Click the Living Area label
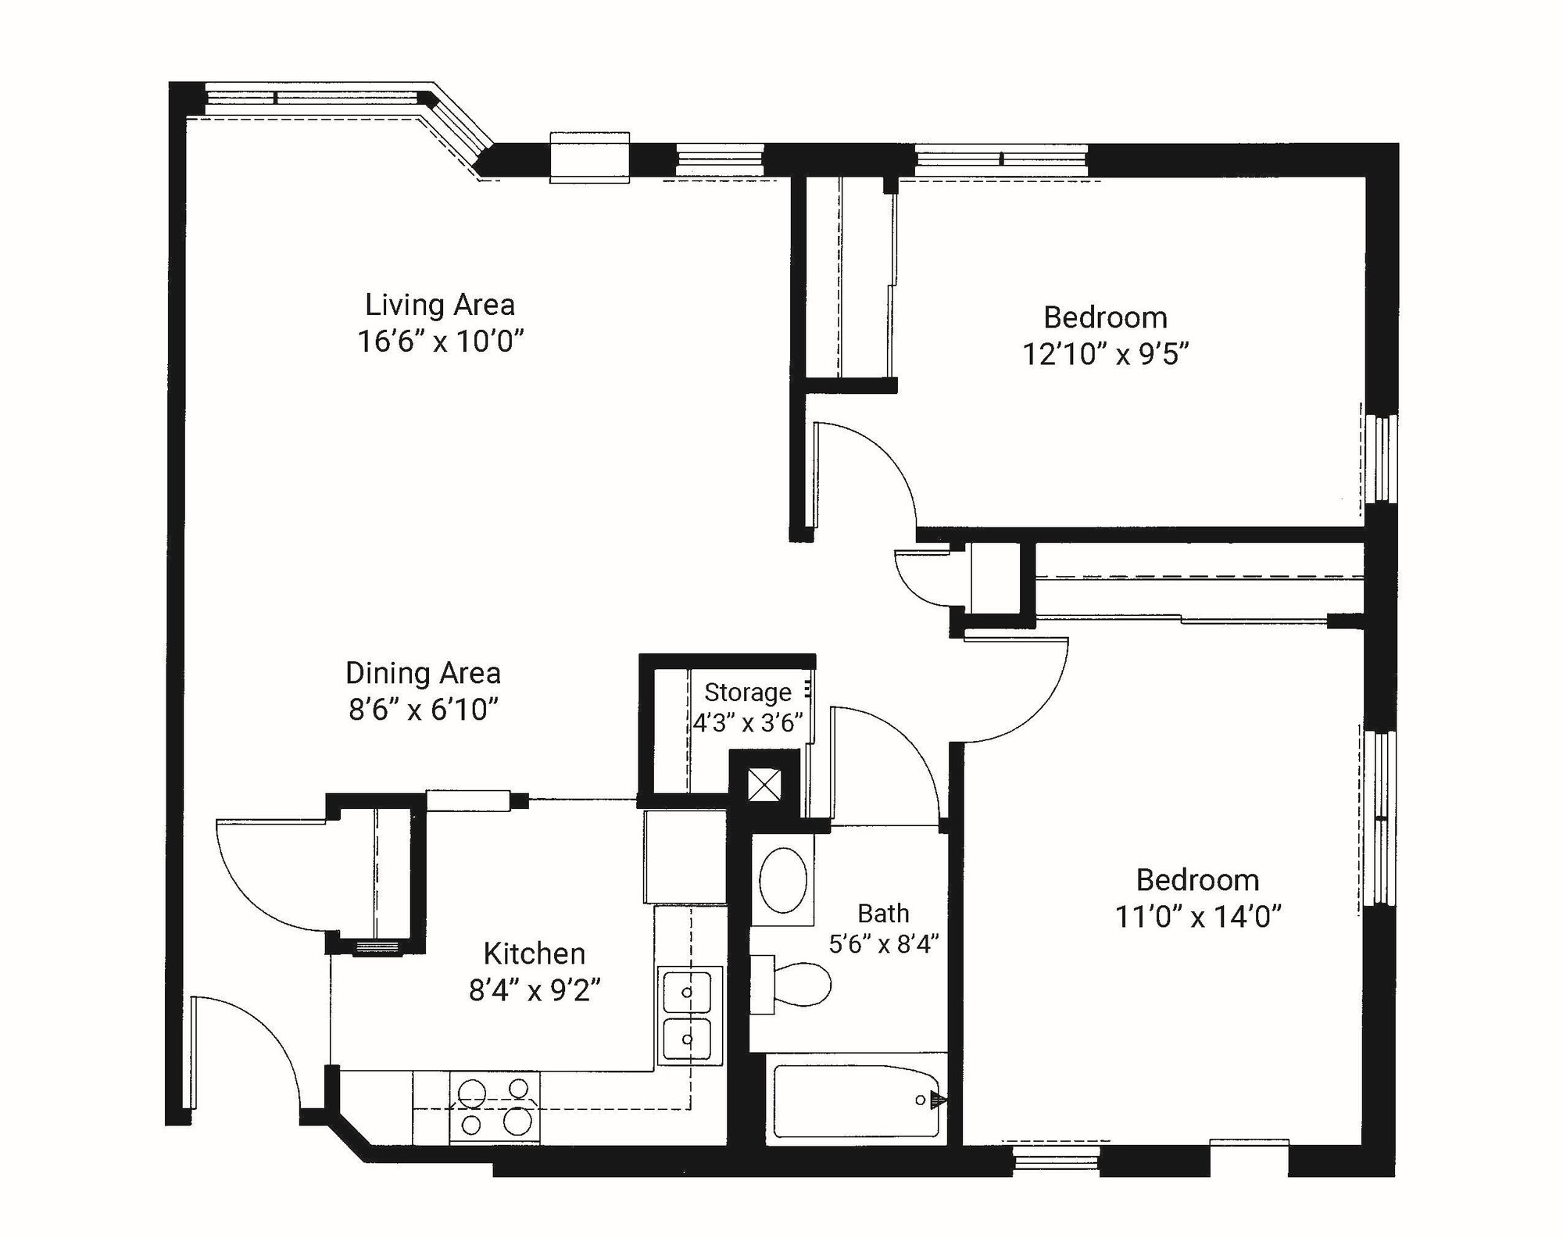click(x=440, y=305)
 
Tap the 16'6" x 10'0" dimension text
click(x=440, y=342)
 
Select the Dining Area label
click(x=423, y=673)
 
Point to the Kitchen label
click(x=535, y=954)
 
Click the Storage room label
click(x=748, y=692)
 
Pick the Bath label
click(x=883, y=913)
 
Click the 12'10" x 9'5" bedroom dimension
click(x=1105, y=355)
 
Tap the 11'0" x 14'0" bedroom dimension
click(x=1197, y=917)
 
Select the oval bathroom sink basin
click(x=783, y=881)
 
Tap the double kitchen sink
click(x=688, y=1015)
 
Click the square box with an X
click(x=764, y=785)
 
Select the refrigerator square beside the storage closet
click(x=685, y=857)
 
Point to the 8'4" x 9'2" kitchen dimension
click(x=535, y=991)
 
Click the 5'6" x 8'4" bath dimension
click(x=883, y=944)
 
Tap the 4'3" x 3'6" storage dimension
click(x=748, y=723)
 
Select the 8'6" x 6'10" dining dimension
click(x=423, y=710)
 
